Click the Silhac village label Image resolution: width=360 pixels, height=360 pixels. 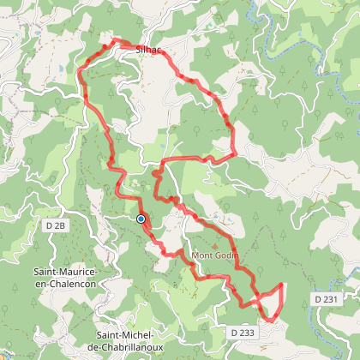(148, 50)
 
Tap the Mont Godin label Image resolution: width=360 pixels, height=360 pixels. (214, 255)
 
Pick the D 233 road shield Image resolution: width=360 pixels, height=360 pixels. (243, 331)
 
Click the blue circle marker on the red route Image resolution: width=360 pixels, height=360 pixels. (141, 219)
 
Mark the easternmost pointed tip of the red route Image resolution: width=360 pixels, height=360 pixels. (283, 283)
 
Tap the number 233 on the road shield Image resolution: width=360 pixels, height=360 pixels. (247, 331)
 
